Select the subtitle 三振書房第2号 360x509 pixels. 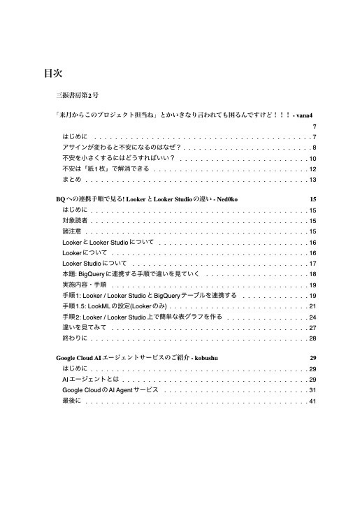click(x=77, y=94)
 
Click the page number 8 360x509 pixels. click(x=315, y=148)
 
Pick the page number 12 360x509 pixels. click(x=313, y=169)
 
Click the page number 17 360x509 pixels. click(x=313, y=264)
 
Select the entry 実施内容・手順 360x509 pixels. click(x=84, y=285)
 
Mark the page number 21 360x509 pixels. click(x=313, y=306)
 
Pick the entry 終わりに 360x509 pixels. click(x=75, y=338)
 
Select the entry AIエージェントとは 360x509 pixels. click(x=87, y=379)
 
